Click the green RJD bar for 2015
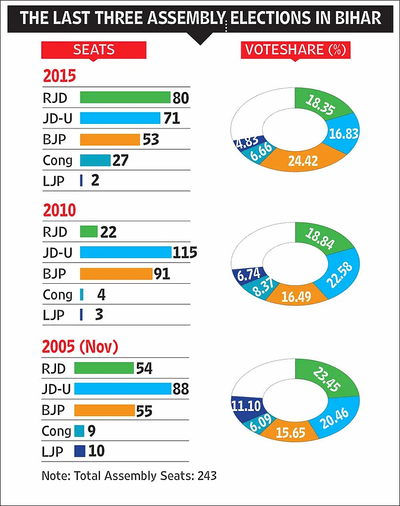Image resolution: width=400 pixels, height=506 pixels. click(x=125, y=97)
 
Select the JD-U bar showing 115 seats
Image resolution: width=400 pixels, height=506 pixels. click(x=125, y=252)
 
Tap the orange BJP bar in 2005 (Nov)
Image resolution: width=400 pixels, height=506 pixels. click(x=104, y=410)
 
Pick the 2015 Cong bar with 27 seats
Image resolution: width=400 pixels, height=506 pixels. click(x=95, y=160)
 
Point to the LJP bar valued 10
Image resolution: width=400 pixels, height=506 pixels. click(x=79, y=451)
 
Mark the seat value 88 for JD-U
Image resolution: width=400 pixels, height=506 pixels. click(x=180, y=389)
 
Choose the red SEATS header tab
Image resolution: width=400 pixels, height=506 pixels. click(x=93, y=50)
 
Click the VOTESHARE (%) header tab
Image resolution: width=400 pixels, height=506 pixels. click(x=296, y=50)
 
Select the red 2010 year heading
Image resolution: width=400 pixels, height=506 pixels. click(x=59, y=210)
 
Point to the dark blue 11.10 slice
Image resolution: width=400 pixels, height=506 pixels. click(x=247, y=405)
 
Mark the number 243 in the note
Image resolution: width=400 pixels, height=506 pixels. click(x=207, y=476)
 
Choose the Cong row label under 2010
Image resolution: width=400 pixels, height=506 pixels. click(x=57, y=295)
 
